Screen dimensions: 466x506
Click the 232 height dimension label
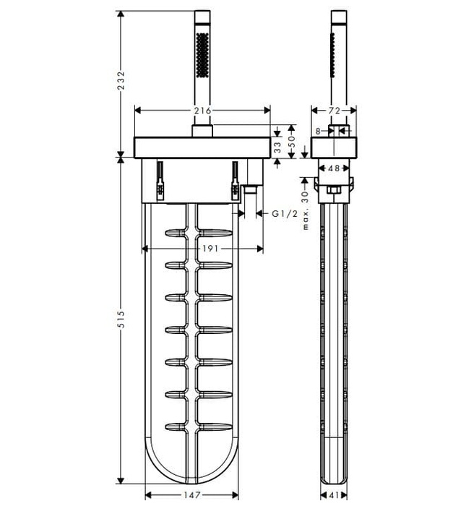(x=121, y=81)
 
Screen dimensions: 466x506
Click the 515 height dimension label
(x=121, y=320)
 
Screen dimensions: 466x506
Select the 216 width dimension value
(x=202, y=111)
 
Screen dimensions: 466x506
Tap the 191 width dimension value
(x=210, y=249)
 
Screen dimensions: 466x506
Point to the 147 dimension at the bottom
(x=192, y=494)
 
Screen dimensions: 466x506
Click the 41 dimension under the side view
(x=335, y=494)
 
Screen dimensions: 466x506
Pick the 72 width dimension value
(x=334, y=111)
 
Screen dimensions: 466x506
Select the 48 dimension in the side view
(x=334, y=168)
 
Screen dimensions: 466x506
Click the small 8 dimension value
(x=318, y=132)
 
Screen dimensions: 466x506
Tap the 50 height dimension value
(x=291, y=142)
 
